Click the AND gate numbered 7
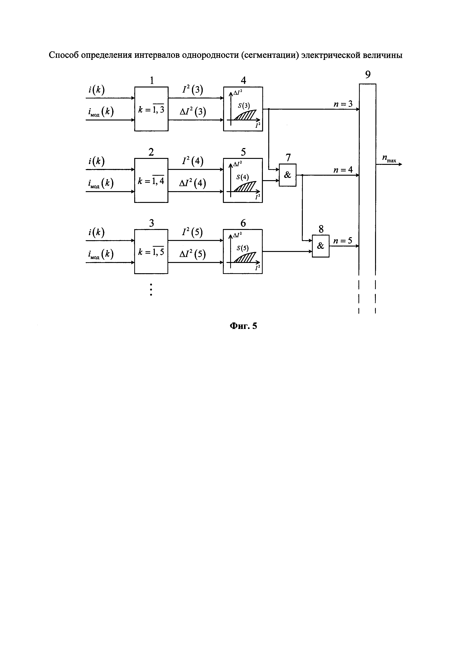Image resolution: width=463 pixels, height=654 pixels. [287, 175]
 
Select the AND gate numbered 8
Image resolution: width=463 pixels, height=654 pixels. [320, 246]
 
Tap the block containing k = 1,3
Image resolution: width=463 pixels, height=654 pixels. [151, 109]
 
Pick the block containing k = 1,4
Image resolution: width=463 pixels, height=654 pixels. [151, 180]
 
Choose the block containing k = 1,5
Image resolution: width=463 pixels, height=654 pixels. [151, 252]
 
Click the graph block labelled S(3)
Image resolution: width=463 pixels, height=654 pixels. [243, 109]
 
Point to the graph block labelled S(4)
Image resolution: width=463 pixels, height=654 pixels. [243, 180]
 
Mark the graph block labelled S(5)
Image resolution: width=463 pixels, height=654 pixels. [243, 252]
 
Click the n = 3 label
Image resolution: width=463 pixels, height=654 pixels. [343, 104]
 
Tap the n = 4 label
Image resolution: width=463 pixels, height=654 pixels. [343, 170]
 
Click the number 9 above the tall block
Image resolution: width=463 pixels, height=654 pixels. [368, 75]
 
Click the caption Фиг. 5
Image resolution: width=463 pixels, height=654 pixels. [243, 326]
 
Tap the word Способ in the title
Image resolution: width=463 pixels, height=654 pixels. [64, 55]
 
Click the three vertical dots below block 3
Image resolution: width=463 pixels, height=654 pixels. [151, 289]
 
